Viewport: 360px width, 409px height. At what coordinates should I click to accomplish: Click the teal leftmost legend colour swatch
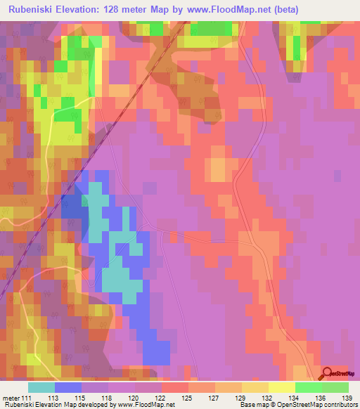click(41, 387)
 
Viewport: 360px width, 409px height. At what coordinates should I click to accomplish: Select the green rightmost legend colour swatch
click(335, 387)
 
